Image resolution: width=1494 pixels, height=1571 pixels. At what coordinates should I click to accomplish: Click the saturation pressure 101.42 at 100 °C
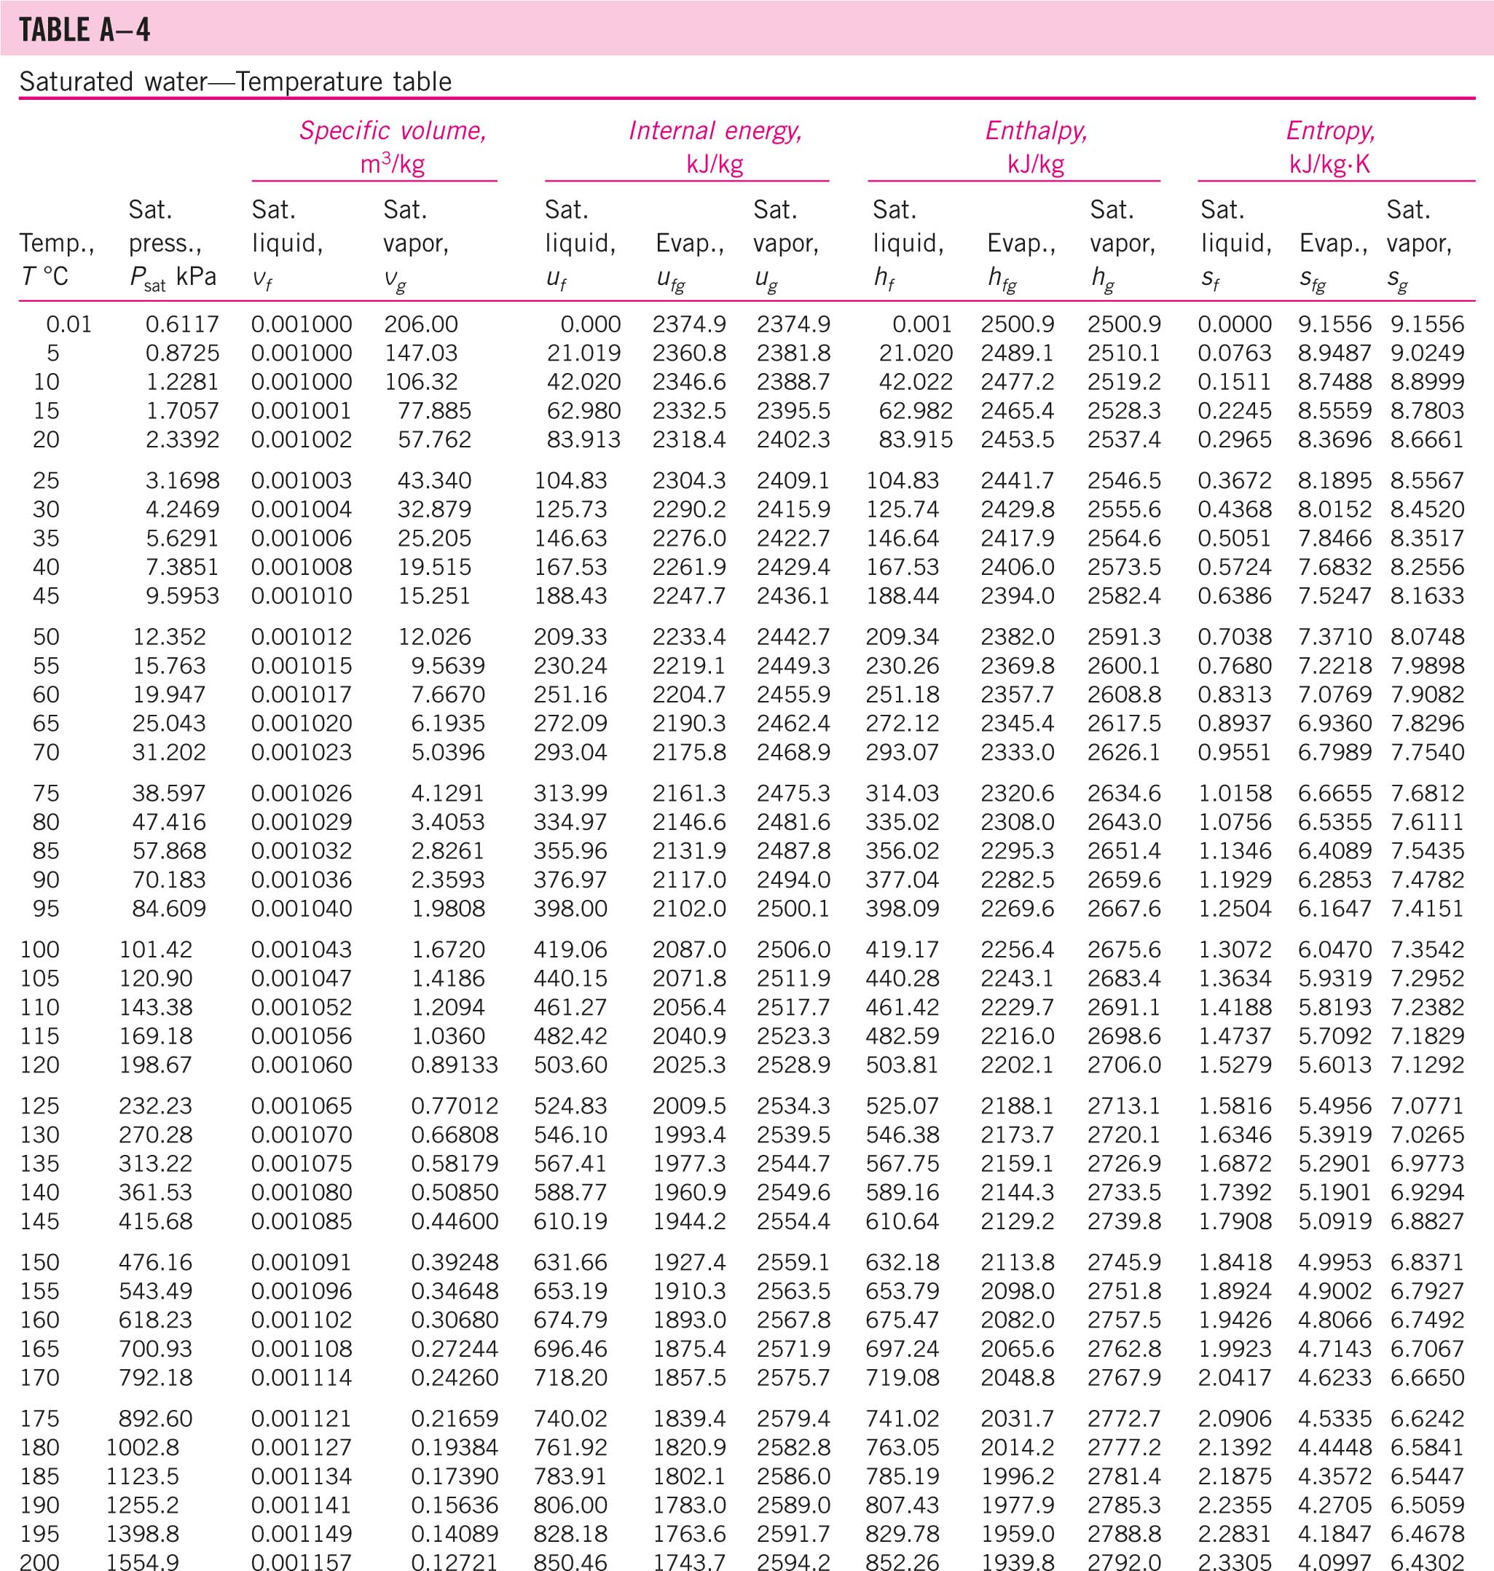pos(155,949)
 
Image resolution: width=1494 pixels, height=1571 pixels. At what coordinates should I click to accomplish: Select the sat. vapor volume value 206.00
pos(420,324)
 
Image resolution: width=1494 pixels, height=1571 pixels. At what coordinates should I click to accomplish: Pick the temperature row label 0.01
pos(68,324)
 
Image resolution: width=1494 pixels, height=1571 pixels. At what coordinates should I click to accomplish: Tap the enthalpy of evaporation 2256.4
pos(1017,949)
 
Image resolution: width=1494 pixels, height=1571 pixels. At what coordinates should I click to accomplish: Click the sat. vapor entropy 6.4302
pos(1427,1562)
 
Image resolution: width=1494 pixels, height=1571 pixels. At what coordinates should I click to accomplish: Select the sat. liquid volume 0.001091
pos(301,1262)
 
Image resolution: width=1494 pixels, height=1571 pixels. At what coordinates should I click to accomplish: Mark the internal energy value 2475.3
pos(793,794)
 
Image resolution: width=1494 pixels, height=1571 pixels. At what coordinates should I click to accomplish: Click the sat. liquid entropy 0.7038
pos(1235,637)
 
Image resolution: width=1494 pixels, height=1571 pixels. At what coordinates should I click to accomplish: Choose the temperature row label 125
pos(40,1106)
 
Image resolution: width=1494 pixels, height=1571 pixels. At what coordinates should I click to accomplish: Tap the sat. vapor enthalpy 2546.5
pos(1124,480)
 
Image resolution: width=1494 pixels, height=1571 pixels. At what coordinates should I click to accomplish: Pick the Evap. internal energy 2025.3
pos(689,1065)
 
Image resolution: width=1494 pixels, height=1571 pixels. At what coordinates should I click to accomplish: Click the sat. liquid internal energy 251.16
pos(570,694)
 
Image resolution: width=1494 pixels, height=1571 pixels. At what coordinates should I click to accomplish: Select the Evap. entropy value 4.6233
pos(1334,1377)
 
